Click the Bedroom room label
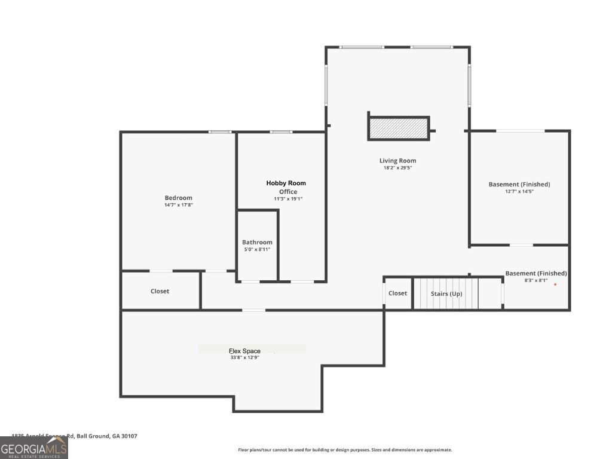pos(178,198)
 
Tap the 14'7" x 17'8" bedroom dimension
pos(178,205)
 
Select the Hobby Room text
pos(286,183)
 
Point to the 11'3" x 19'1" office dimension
pos(288,199)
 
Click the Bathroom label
pos(257,242)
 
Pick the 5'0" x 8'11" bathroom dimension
pos(257,249)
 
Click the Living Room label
pos(397,160)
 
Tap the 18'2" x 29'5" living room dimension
pos(397,168)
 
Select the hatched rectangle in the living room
pos(398,128)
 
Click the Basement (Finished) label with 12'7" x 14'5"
pos(519,184)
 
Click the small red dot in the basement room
pos(555,284)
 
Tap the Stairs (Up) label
pos(446,293)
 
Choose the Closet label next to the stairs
pos(397,293)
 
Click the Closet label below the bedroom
pos(160,291)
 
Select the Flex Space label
pos(244,351)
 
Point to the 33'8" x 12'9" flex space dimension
pos(244,357)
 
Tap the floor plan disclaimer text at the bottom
pos(345,450)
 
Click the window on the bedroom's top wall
pos(220,132)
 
